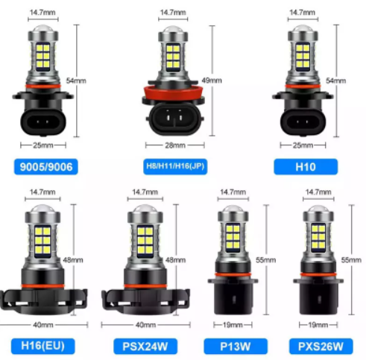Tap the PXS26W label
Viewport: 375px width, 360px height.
pyautogui.click(x=321, y=346)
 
